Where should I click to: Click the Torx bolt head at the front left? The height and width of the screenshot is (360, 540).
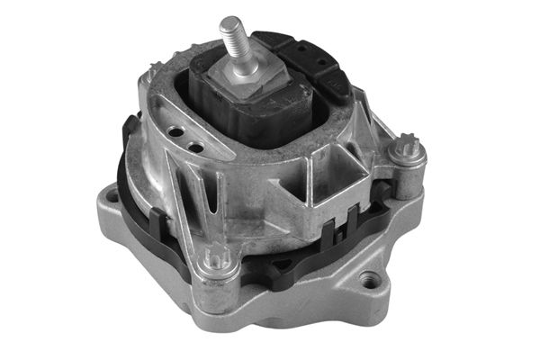(x=217, y=260)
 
